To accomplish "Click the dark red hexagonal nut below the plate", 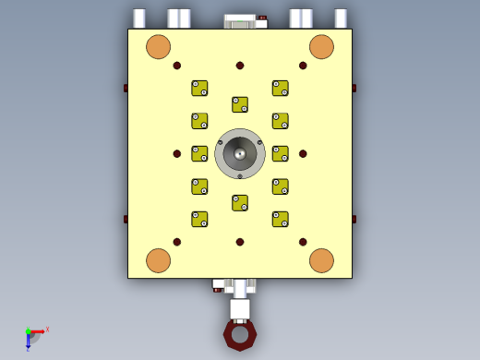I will click(x=240, y=334).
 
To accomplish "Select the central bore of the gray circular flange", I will click(x=240, y=154).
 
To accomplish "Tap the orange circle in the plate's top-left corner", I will click(x=159, y=47).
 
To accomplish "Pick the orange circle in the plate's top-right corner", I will click(x=321, y=47).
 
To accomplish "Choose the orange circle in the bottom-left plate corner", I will click(x=159, y=260).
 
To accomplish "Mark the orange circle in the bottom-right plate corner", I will click(x=321, y=260).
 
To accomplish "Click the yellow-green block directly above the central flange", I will click(x=240, y=104).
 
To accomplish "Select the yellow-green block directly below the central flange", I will click(x=240, y=202).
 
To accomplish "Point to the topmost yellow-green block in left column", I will click(x=199, y=88).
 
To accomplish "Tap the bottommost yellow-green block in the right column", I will click(x=281, y=219).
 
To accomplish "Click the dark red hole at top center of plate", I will click(x=240, y=66).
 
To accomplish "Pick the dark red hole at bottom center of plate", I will click(x=240, y=242).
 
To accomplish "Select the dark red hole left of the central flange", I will click(x=177, y=154).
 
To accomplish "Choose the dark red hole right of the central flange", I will click(x=303, y=154).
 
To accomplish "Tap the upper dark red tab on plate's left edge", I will click(x=126, y=89).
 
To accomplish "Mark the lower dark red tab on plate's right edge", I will click(x=354, y=220).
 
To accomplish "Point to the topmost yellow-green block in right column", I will click(x=281, y=88).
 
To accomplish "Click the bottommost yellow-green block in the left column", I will click(x=199, y=219).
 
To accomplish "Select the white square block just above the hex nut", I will click(x=240, y=308).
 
